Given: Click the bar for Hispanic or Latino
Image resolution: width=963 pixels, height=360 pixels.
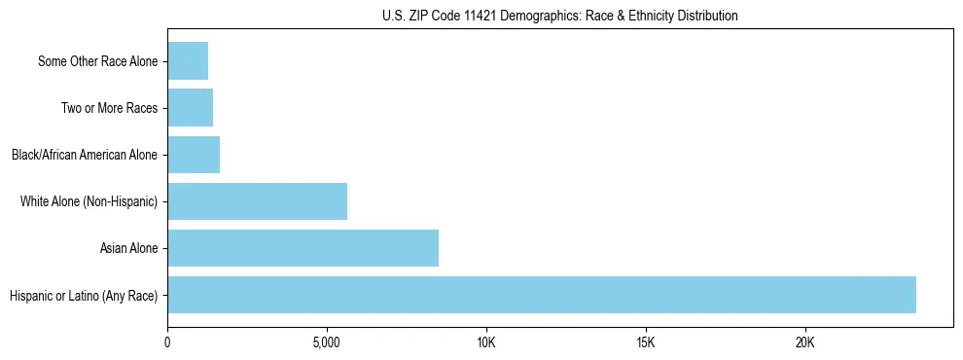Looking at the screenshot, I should (x=541, y=295).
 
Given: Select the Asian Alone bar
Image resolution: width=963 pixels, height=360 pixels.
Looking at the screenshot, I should (x=303, y=248).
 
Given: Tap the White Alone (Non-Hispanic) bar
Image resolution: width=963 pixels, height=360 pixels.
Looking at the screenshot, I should (x=257, y=201).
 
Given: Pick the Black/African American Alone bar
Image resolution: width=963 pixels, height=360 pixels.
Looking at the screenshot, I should (x=194, y=155).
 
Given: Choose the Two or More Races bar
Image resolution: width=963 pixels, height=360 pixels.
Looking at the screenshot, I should (x=190, y=108).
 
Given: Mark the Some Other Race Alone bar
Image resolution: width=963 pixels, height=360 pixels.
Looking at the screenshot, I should (x=188, y=61).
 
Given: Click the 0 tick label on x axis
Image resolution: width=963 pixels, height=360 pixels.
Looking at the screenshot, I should (x=167, y=343).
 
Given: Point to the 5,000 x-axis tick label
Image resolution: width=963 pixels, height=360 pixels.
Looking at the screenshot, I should (x=327, y=343).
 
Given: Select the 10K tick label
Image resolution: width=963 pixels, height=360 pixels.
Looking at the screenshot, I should (x=486, y=343).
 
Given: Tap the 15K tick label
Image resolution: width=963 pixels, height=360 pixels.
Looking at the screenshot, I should (x=645, y=343).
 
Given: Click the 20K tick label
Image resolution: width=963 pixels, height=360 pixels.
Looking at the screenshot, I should (x=804, y=343).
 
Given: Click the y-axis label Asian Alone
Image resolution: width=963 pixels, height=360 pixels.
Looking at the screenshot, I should (x=128, y=249).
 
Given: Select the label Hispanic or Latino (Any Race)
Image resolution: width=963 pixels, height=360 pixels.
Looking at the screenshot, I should (x=84, y=296).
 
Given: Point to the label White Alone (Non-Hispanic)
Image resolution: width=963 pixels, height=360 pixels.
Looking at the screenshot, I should (x=89, y=202).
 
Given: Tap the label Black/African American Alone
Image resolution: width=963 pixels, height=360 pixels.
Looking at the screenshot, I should (x=84, y=156).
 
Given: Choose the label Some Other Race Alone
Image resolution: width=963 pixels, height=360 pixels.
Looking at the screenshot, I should (x=97, y=62).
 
